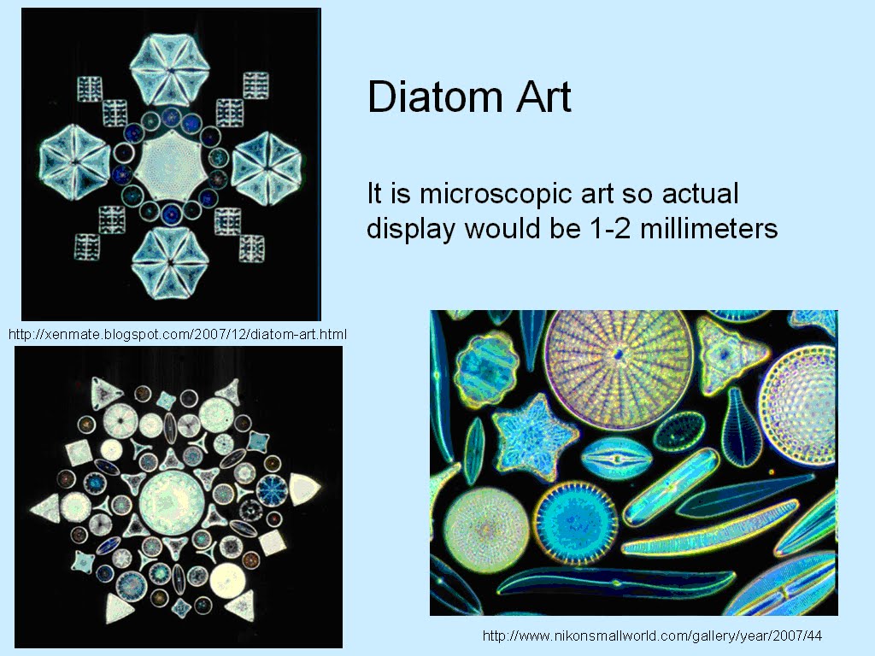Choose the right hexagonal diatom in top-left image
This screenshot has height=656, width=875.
coord(266,162)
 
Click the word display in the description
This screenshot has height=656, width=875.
coord(412,229)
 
